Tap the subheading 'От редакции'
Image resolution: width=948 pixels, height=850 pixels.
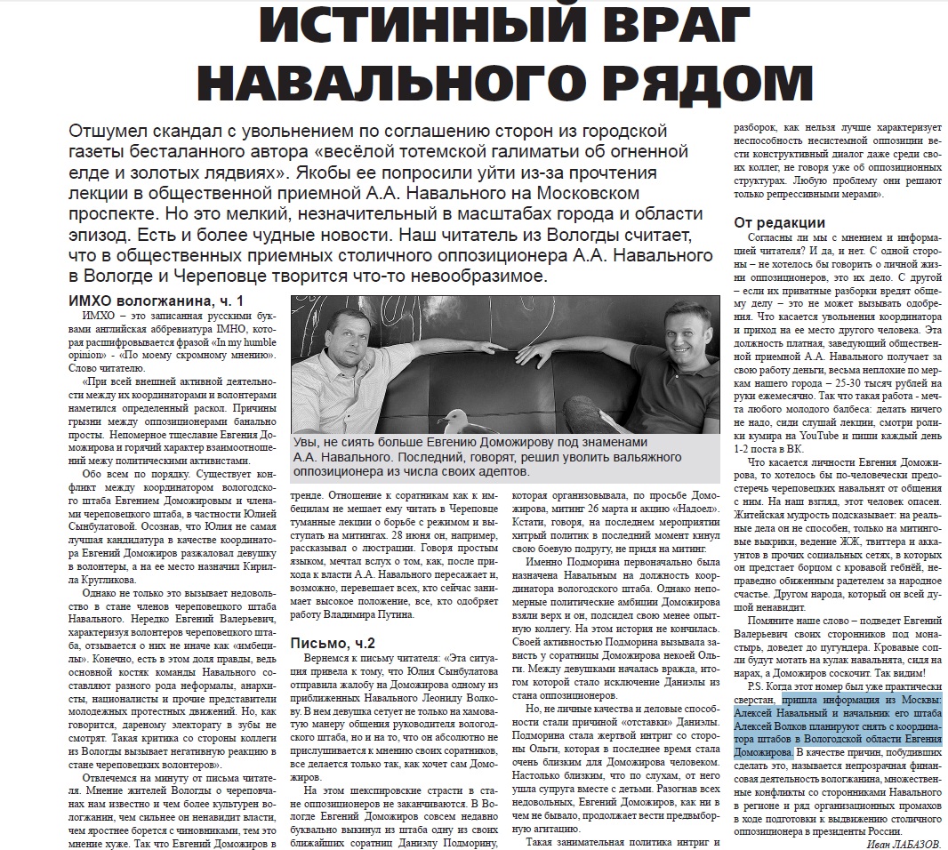pos(779,223)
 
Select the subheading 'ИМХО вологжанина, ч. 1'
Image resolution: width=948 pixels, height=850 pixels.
pos(156,301)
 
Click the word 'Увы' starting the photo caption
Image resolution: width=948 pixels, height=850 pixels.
pos(307,443)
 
